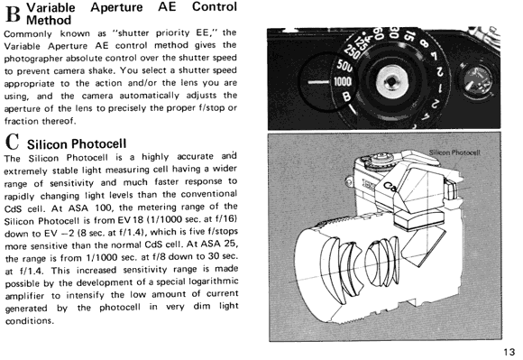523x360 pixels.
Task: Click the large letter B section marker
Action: pyautogui.click(x=13, y=14)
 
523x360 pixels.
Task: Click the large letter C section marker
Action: pyautogui.click(x=13, y=142)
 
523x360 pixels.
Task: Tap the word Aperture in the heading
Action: pyautogui.click(x=116, y=7)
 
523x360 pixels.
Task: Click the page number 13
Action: pyautogui.click(x=509, y=352)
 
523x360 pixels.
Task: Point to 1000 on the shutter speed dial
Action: pyautogui.click(x=343, y=81)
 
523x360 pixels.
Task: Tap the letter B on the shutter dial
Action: pyautogui.click(x=347, y=97)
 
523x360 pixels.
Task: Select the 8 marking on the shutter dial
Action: pyautogui.click(x=425, y=44)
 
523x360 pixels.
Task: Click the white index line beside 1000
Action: pyautogui.click(x=319, y=82)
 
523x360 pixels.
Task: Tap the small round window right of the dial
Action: pyautogui.click(x=476, y=81)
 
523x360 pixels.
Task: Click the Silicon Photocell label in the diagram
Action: pyautogui.click(x=454, y=152)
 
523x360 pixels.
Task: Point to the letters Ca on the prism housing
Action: pyautogui.click(x=390, y=187)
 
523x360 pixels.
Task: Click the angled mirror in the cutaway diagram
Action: pyautogui.click(x=422, y=247)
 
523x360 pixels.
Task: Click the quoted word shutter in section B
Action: pyautogui.click(x=133, y=32)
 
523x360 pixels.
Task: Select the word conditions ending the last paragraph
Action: pyautogui.click(x=29, y=320)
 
